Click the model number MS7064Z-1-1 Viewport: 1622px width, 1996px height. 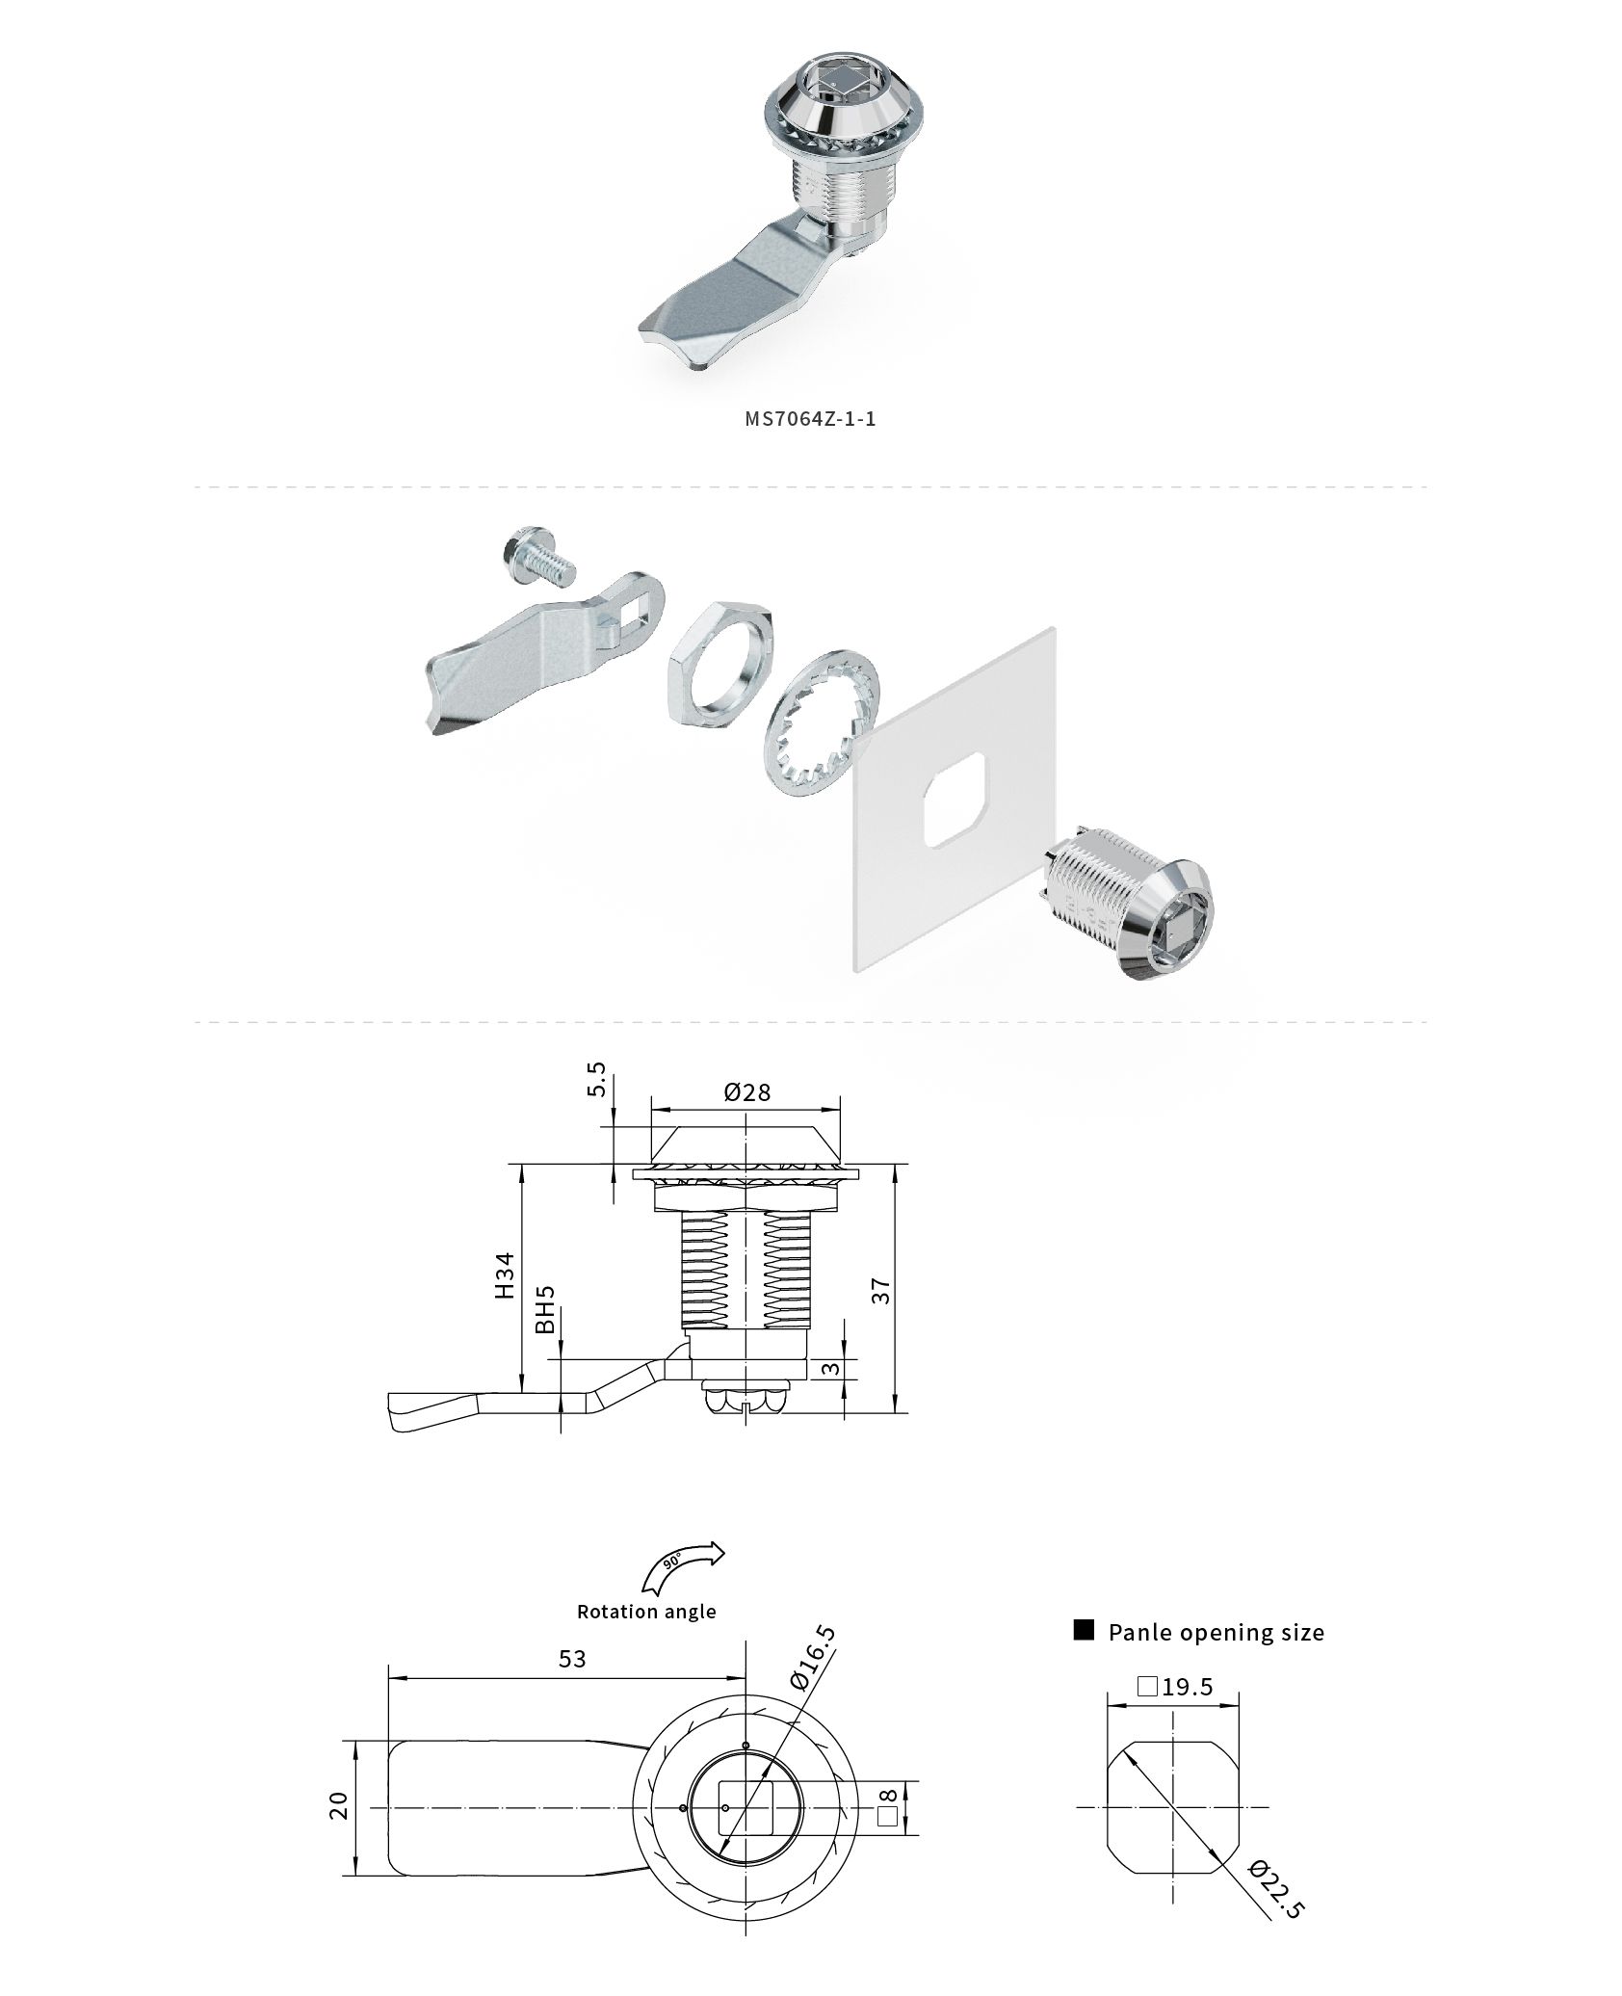pyautogui.click(x=810, y=419)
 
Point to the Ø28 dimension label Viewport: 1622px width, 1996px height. pyautogui.click(x=747, y=1091)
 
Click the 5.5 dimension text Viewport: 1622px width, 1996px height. pyautogui.click(x=597, y=1079)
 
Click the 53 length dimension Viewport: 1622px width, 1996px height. pyautogui.click(x=572, y=1658)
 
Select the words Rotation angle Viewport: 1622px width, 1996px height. pyautogui.click(x=646, y=1612)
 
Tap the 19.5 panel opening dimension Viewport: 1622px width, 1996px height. pyautogui.click(x=1174, y=1687)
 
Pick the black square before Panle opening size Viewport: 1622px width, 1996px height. pyautogui.click(x=1085, y=1630)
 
